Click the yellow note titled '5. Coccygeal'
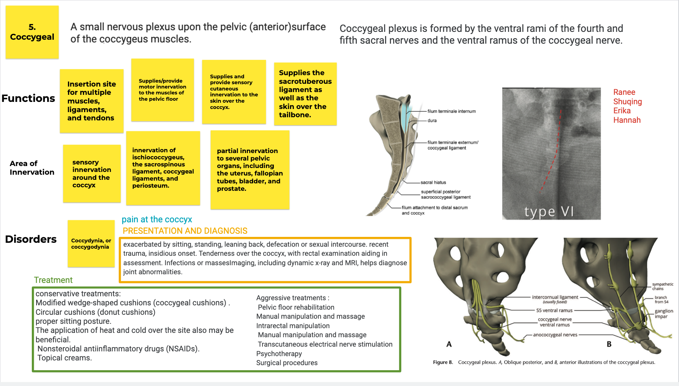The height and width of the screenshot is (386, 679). pyautogui.click(x=32, y=32)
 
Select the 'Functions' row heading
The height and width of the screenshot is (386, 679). pyautogui.click(x=28, y=98)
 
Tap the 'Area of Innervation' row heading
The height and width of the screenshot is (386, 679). pyautogui.click(x=32, y=168)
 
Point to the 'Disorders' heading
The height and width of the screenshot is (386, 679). pyautogui.click(x=31, y=239)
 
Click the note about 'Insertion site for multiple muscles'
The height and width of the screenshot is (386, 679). pyautogui.click(x=91, y=101)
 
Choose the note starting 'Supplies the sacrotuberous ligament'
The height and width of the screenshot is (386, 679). pyautogui.click(x=305, y=94)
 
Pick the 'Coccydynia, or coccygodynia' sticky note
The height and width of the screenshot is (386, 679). pyautogui.click(x=91, y=244)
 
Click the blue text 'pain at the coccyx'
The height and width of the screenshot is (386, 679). pyautogui.click(x=157, y=220)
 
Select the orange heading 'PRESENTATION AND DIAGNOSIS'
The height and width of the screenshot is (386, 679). pyautogui.click(x=185, y=231)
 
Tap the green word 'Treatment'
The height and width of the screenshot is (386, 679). pyautogui.click(x=53, y=280)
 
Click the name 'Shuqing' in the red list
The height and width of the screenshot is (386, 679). pyautogui.click(x=628, y=102)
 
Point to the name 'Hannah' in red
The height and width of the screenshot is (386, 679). pyautogui.click(x=627, y=120)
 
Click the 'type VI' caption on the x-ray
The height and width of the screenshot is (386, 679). pyautogui.click(x=549, y=212)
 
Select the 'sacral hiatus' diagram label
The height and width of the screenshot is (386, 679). pyautogui.click(x=433, y=183)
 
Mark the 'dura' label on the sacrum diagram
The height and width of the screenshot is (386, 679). pyautogui.click(x=432, y=121)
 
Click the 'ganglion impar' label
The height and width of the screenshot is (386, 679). pyautogui.click(x=664, y=314)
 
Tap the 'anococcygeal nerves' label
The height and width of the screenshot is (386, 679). pyautogui.click(x=555, y=335)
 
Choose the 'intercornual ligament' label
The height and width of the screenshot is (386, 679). pyautogui.click(x=555, y=297)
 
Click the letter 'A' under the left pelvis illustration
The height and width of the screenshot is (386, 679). pyautogui.click(x=449, y=344)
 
